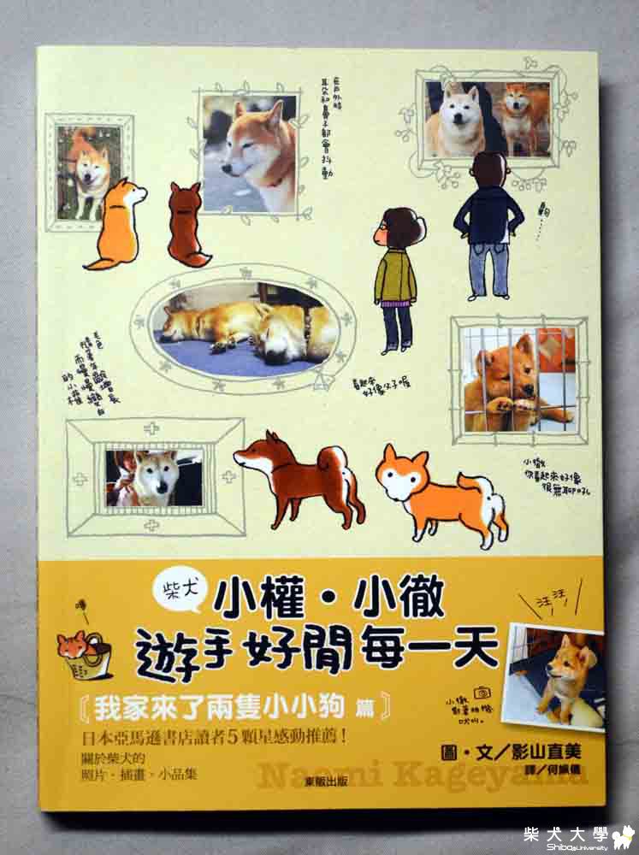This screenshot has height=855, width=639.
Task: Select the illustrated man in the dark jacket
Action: click(x=488, y=226)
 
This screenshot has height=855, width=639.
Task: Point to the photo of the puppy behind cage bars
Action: click(x=518, y=379)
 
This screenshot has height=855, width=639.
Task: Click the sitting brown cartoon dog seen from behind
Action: click(x=186, y=226)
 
